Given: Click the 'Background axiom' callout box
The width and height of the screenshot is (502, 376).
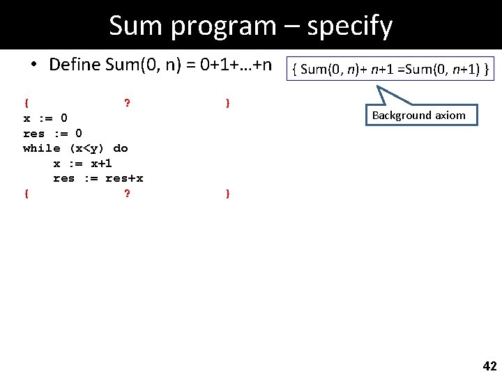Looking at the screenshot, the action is [421, 116].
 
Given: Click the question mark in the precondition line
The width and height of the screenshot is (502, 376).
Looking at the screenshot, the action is [126, 104].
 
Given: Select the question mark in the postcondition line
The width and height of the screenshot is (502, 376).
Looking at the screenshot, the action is [126, 194].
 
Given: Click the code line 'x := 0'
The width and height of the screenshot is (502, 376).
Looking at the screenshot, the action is [45, 118].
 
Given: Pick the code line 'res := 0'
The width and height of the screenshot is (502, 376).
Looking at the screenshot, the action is [52, 133].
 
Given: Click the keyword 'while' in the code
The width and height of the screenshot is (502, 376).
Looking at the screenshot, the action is [41, 148].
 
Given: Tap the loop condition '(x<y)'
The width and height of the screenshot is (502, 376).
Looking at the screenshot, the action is [86, 148].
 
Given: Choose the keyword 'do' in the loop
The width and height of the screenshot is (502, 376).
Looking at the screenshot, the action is [120, 148].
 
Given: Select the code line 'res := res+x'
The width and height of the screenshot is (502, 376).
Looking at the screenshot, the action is [98, 178].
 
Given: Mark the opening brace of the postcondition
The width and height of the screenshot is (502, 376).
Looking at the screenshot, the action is [26, 194].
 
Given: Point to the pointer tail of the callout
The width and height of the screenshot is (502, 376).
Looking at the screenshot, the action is [386, 96].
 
